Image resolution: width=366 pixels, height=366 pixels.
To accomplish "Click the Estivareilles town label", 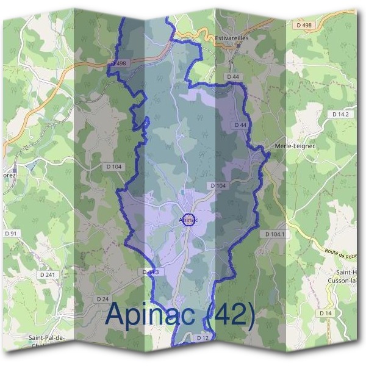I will click(232, 38).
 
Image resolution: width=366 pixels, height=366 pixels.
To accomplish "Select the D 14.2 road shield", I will click(340, 114).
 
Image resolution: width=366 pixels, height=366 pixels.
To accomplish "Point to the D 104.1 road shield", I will click(276, 234).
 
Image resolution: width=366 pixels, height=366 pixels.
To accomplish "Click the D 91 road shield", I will click(10, 233).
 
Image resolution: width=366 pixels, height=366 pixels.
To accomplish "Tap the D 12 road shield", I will click(203, 337).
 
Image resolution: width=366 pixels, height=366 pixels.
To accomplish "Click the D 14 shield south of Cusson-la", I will click(326, 313).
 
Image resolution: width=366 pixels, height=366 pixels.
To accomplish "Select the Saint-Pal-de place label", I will click(47, 337).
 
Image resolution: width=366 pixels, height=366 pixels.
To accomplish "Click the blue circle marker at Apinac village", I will click(189, 220).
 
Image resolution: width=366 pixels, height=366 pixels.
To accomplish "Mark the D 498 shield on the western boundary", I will click(118, 63).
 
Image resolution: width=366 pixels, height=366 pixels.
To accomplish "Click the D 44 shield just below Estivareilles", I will click(231, 77).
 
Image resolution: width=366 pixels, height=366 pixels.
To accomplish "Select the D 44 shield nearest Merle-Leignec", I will click(240, 124).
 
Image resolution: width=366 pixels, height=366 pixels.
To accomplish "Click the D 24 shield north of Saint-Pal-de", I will click(102, 299).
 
